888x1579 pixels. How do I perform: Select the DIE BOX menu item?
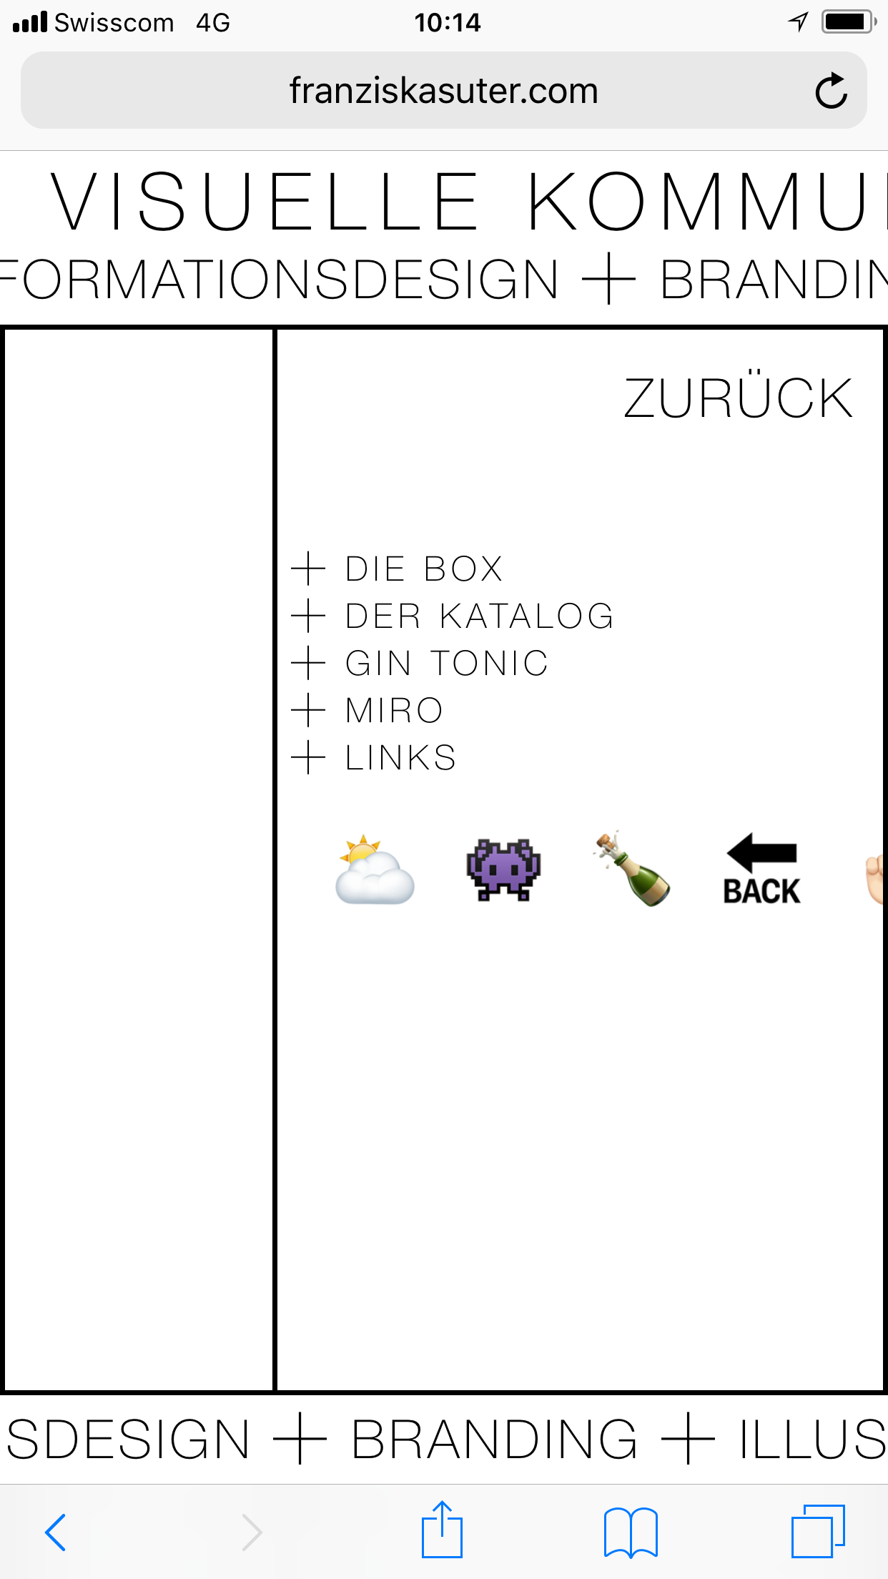click(x=423, y=569)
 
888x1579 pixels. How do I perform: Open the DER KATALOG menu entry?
click(x=479, y=616)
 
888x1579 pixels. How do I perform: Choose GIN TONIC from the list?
click(x=446, y=664)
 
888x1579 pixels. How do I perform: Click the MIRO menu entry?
click(x=394, y=711)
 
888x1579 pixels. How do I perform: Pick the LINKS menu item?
click(x=400, y=758)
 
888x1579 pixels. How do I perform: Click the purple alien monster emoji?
click(x=504, y=870)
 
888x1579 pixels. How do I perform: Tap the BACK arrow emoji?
click(x=762, y=870)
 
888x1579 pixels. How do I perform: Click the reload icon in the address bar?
click(x=832, y=91)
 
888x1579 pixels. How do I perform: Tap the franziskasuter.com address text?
click(x=443, y=91)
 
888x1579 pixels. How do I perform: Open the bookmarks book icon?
click(x=631, y=1532)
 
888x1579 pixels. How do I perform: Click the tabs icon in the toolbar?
click(x=818, y=1531)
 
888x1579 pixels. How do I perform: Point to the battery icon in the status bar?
click(x=847, y=22)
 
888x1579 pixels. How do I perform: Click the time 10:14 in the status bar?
click(x=448, y=23)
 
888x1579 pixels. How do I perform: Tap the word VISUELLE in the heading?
click(x=265, y=202)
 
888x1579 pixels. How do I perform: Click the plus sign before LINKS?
click(x=309, y=758)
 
